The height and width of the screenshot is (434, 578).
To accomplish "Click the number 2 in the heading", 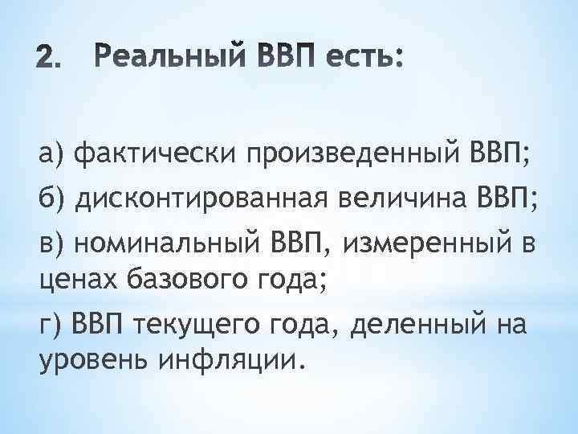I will coord(49,60).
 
